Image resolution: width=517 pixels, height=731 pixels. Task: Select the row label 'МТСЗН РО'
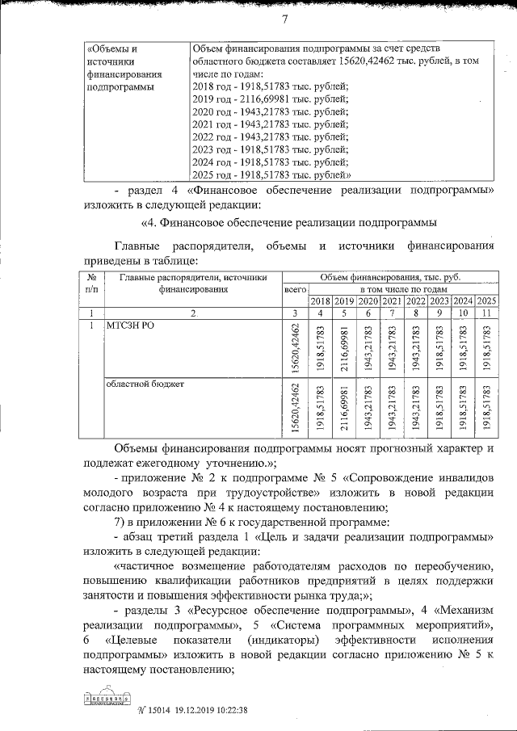pos(128,325)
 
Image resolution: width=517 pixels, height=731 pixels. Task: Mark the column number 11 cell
pos(486,313)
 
